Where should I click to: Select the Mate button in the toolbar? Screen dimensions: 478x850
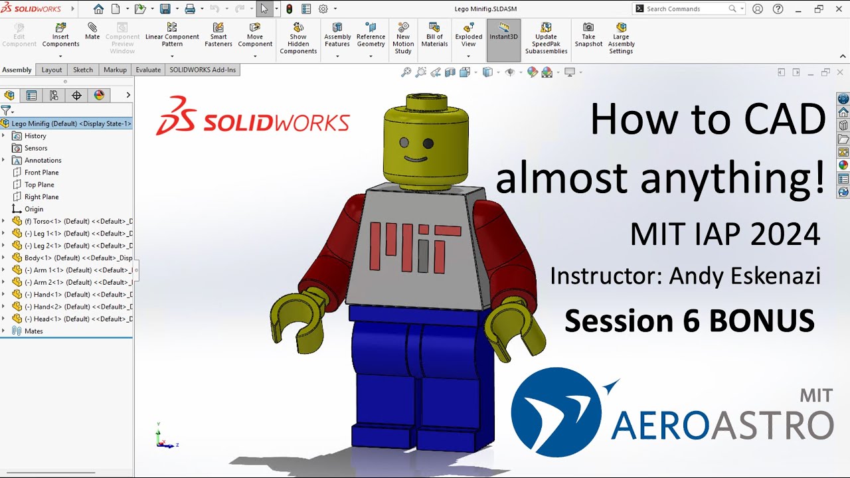click(92, 31)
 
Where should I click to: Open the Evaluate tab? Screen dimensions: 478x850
click(148, 70)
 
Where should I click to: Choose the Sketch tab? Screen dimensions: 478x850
click(83, 70)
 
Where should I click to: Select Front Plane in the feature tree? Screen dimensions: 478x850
click(41, 173)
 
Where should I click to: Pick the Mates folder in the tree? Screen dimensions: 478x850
click(33, 331)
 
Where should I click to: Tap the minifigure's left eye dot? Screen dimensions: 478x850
click(402, 143)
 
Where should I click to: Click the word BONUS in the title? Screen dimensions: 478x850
click(762, 321)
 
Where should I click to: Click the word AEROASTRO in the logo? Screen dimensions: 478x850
click(722, 425)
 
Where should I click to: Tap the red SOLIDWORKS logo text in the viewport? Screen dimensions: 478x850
click(276, 122)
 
